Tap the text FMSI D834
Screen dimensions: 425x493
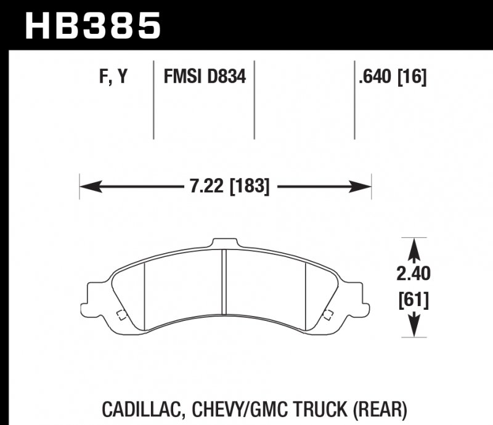tap(205, 77)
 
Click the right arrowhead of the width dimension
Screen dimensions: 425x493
tap(365, 185)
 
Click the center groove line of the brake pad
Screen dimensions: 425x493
tap(225, 283)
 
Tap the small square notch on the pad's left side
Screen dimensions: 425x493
tap(121, 316)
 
